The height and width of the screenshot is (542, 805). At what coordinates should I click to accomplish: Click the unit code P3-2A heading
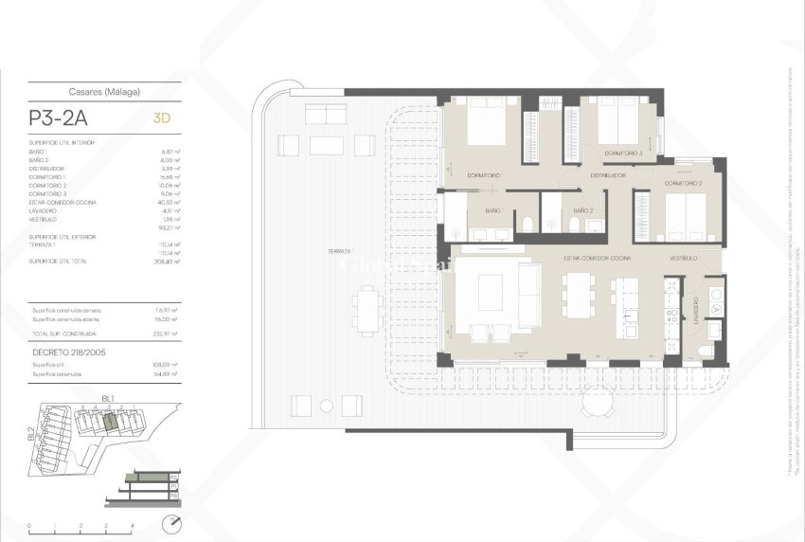click(63, 120)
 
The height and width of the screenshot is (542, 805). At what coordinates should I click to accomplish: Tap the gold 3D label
click(162, 120)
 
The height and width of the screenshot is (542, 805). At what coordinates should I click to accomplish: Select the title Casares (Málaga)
click(104, 92)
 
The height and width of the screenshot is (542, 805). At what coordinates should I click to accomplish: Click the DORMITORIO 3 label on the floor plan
click(623, 154)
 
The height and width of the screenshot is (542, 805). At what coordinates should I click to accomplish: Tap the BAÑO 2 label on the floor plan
click(583, 210)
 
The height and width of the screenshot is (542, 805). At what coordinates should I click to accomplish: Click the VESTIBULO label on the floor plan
click(684, 258)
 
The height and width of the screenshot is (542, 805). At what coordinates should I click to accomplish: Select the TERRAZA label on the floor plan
click(339, 251)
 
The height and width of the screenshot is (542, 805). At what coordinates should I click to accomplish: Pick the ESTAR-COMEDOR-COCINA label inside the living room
click(597, 258)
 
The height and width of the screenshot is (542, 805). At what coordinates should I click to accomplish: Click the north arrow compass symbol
click(170, 524)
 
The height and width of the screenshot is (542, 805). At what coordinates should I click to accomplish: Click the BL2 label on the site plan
click(31, 435)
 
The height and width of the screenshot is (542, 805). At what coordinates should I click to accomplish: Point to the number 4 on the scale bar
click(132, 525)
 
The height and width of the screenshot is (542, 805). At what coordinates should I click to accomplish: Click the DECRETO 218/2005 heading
click(68, 352)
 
